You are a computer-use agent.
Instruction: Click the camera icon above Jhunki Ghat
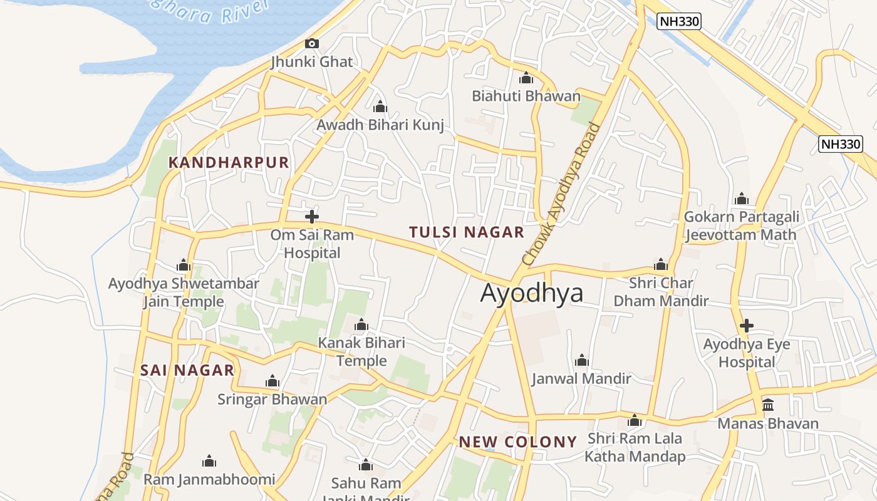click(311, 43)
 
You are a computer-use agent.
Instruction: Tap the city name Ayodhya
click(531, 293)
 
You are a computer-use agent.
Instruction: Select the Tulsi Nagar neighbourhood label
click(466, 232)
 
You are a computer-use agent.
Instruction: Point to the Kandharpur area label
click(229, 163)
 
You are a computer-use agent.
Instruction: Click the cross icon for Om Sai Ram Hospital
click(311, 217)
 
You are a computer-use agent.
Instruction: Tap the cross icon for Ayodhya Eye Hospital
click(746, 326)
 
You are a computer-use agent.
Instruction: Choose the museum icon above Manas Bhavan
click(767, 405)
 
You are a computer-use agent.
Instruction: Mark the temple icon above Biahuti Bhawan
click(526, 78)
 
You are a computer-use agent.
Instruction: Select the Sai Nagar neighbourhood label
click(187, 370)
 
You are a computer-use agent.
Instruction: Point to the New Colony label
click(517, 442)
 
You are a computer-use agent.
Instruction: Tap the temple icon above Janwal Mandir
click(581, 360)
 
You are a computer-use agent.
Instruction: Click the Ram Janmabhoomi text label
click(209, 480)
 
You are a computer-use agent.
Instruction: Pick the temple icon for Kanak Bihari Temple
click(361, 324)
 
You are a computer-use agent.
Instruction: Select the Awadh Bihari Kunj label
click(380, 125)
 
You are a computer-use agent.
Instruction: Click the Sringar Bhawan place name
click(272, 399)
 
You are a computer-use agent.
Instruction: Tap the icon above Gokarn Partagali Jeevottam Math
click(742, 199)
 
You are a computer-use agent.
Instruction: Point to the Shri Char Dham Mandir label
click(661, 292)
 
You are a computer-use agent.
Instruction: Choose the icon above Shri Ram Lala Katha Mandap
click(635, 420)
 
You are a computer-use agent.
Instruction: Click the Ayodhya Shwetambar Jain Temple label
click(184, 292)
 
